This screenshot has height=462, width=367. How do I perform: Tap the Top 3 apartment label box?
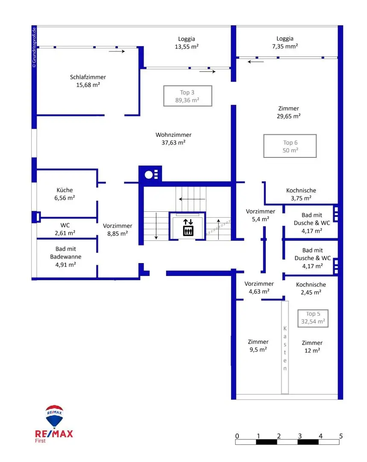pos(188,96)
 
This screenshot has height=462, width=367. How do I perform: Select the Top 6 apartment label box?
pos(290,146)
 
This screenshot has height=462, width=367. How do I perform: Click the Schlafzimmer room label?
pos(88,81)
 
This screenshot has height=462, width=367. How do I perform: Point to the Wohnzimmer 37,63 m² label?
pos(173,139)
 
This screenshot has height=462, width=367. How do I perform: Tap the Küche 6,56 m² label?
pos(65,194)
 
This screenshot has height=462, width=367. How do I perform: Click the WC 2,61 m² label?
pos(65,229)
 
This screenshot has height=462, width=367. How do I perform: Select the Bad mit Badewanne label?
pos(65,257)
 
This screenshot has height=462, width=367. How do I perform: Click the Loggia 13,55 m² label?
pos(187,42)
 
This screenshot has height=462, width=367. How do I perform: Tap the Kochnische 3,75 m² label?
pos(301,194)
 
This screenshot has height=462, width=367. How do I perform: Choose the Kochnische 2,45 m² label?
pos(311,288)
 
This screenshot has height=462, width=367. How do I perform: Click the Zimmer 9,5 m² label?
pos(258,346)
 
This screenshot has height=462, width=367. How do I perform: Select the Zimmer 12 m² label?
pos(312,346)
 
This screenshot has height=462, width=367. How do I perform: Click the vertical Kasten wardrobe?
pos(285,347)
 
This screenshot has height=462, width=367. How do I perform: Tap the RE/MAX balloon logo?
pos(54,417)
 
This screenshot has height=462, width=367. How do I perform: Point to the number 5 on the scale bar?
pos(341,436)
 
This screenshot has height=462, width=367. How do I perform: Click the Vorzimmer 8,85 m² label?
pos(117,230)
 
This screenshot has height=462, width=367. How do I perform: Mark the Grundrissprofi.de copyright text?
pos(34,47)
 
